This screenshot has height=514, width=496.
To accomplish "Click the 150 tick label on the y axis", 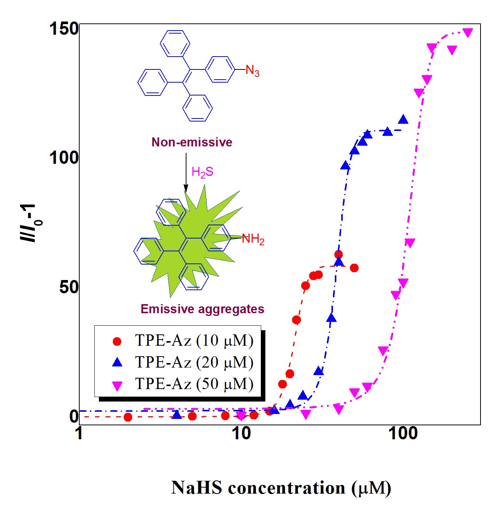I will click(64, 29).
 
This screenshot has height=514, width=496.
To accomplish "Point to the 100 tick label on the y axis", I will click(64, 158).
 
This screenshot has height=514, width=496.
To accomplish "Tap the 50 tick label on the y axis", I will click(69, 287).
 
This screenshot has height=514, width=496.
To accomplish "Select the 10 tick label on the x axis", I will click(241, 434).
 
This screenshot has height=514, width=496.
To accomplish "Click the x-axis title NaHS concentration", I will click(281, 488).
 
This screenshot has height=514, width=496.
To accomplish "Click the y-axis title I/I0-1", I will click(30, 223).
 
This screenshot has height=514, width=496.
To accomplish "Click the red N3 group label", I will click(252, 71).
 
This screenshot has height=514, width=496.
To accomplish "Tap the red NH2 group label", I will click(253, 239).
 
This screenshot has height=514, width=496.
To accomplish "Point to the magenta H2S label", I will click(202, 172).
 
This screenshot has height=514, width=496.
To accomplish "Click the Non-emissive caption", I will click(192, 142).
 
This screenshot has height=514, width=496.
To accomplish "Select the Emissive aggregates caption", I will click(202, 309).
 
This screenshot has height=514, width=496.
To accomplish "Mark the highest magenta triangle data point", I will click(468, 33).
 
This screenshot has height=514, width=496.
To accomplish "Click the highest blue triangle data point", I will click(403, 119).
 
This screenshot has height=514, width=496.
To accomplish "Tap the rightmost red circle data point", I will click(354, 268).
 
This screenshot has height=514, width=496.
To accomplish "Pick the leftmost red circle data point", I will click(128, 417).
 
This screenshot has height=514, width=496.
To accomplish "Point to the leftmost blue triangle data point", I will click(177, 415).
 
